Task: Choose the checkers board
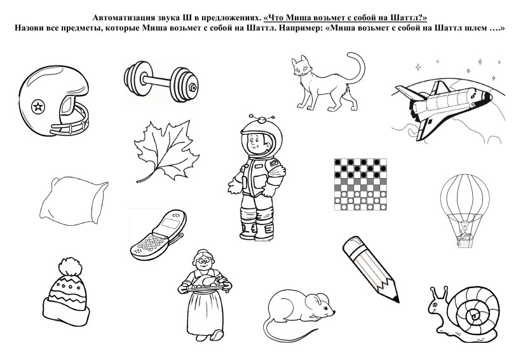(x=360, y=184)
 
